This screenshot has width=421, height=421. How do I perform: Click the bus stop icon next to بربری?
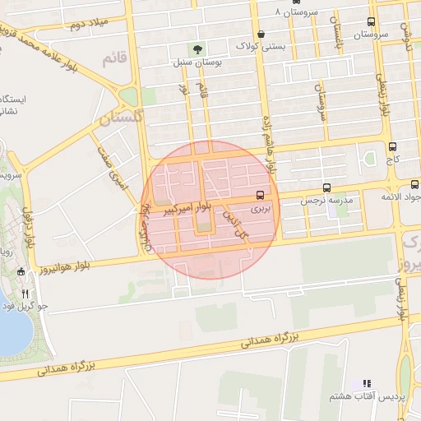[261, 196]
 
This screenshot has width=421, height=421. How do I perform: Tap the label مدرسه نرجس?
[325, 201]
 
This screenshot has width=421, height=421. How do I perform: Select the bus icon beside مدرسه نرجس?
[327, 187]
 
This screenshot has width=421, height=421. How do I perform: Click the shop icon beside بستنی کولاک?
[261, 35]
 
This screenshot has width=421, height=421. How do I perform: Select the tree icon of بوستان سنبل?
[196, 50]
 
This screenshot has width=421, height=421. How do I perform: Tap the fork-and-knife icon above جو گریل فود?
[25, 294]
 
